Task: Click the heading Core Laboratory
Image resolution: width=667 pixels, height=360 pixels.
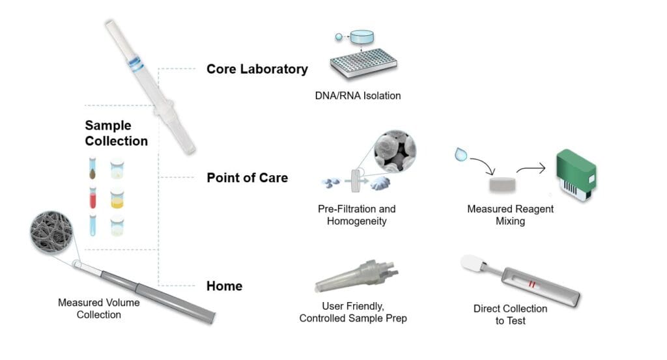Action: [x=257, y=69]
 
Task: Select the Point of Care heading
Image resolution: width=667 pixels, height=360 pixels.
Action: [x=247, y=177]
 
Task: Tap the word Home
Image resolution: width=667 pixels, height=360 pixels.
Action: [x=224, y=286]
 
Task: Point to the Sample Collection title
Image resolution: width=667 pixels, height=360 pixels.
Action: [x=116, y=133]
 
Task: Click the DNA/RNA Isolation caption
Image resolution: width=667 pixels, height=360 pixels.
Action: [x=357, y=96]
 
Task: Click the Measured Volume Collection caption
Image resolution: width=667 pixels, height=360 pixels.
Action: [x=98, y=309]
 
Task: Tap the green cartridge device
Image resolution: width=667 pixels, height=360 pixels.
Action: [x=576, y=174]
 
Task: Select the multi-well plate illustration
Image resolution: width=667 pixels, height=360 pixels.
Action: [x=361, y=64]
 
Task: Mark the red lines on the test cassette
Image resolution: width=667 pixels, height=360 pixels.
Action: [x=532, y=284]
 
